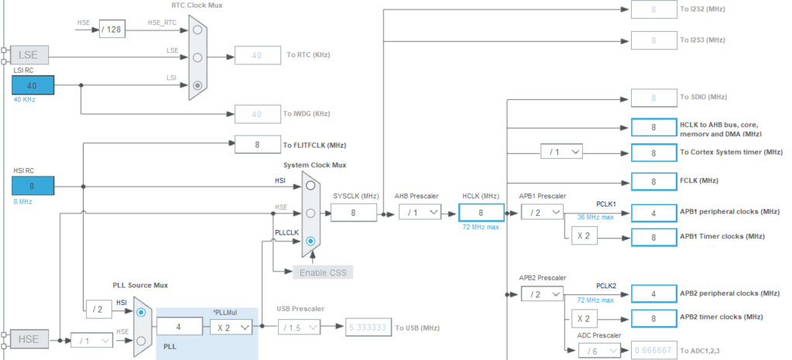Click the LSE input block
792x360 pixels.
pos(30,54)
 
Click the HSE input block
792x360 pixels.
pos(30,339)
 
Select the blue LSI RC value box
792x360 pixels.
pos(33,84)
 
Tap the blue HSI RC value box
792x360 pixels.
pos(33,185)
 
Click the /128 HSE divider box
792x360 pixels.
pos(112,29)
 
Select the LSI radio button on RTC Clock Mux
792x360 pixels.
pos(198,85)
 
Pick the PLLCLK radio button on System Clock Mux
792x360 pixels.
pos(310,241)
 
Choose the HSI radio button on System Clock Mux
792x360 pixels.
pos(310,184)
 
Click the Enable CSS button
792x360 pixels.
pos(324,272)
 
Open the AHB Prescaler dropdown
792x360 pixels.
pos(420,212)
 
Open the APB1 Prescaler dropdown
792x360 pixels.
pos(541,212)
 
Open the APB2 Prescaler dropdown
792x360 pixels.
pos(541,294)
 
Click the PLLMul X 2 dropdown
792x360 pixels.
pos(231,327)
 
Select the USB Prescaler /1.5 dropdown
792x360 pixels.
pos(298,327)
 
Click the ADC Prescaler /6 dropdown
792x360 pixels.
pos(599,351)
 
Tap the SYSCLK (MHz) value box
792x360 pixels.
pos(353,212)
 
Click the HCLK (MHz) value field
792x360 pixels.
pos(482,212)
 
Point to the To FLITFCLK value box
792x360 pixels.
pos(258,144)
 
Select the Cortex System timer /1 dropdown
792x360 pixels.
pos(561,153)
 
